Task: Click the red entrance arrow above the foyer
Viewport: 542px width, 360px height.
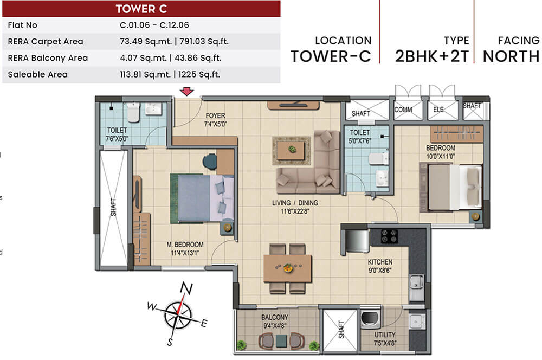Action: click(187, 92)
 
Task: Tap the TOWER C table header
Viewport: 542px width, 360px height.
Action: click(141, 9)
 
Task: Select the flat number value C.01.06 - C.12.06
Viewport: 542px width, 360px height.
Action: click(154, 25)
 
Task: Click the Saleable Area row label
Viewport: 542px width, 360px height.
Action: click(38, 74)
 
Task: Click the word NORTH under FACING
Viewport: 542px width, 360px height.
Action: click(511, 56)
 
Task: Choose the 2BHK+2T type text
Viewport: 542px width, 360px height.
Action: click(431, 56)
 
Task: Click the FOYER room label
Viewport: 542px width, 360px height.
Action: click(215, 115)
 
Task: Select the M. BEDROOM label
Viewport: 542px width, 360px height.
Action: click(185, 245)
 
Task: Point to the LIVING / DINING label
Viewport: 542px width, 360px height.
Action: click(295, 203)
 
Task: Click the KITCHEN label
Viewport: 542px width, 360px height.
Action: click(380, 262)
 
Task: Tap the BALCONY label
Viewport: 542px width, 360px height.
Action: click(275, 317)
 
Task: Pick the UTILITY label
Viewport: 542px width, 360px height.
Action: click(384, 335)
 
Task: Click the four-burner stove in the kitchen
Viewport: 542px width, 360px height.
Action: click(389, 236)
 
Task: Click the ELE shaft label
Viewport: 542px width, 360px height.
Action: click(438, 110)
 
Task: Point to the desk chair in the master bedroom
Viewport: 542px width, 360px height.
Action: click(210, 160)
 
